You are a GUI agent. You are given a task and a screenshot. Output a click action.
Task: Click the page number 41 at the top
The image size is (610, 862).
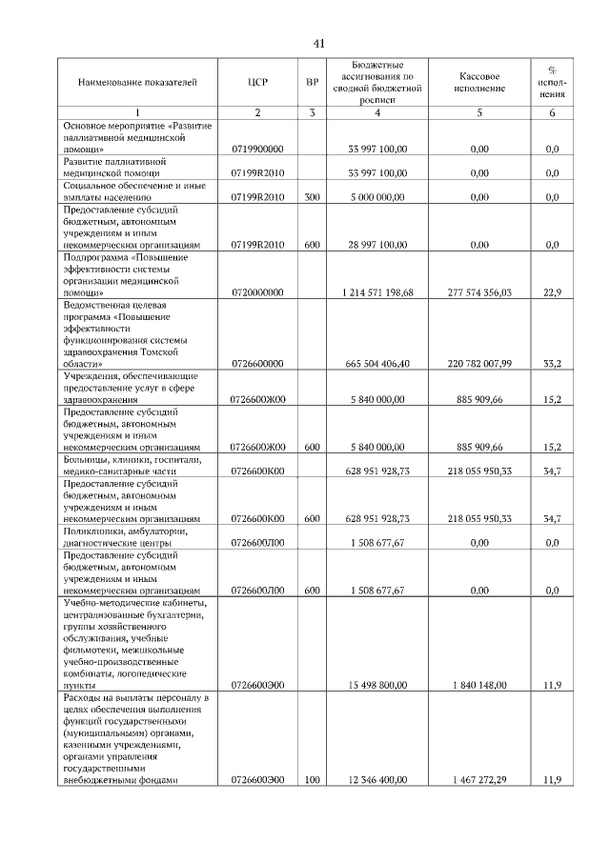(x=319, y=43)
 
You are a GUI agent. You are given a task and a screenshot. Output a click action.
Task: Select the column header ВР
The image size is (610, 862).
(x=312, y=83)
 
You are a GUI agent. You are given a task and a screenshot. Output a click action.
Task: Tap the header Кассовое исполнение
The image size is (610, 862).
(x=478, y=83)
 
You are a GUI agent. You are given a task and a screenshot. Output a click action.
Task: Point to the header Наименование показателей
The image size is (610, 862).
(x=136, y=83)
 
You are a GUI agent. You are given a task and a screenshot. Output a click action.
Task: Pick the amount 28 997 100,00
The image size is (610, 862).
(x=378, y=245)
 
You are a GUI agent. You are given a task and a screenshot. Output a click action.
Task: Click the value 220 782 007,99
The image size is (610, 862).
(x=478, y=364)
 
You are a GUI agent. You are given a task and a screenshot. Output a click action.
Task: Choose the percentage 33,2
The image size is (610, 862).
(x=551, y=364)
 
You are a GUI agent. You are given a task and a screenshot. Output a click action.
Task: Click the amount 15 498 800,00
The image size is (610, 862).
(x=378, y=685)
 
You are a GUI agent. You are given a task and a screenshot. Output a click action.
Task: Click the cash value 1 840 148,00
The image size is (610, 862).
(x=478, y=685)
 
